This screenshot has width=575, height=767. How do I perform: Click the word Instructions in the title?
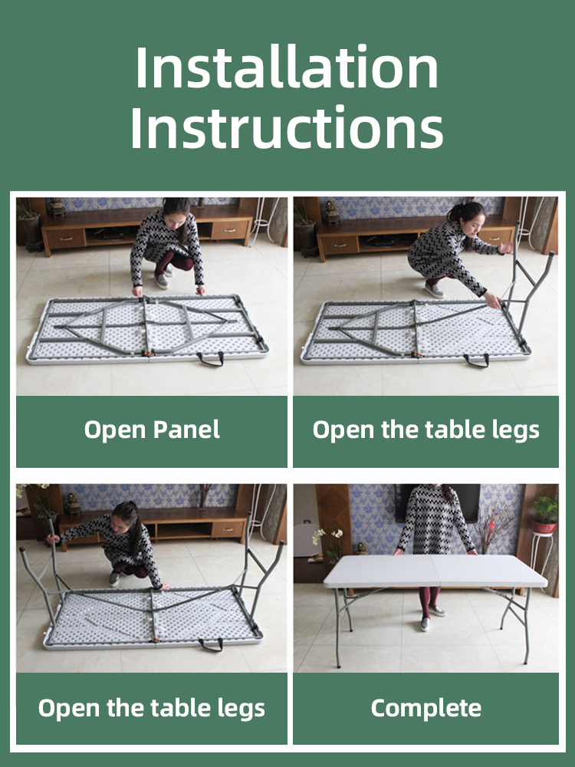[287, 127]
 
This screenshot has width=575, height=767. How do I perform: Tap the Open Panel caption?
[152, 430]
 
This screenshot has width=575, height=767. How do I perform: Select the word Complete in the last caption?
[426, 708]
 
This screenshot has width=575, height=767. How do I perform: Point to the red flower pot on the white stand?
[544, 526]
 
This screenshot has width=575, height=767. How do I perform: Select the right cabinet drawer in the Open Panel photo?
[229, 229]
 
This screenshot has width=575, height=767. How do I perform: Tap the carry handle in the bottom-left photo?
[211, 645]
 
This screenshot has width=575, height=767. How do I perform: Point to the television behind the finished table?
[438, 503]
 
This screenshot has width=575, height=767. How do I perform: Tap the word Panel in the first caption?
[186, 429]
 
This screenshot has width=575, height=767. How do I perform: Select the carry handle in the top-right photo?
[476, 361]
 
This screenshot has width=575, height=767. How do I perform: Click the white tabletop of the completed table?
[435, 571]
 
